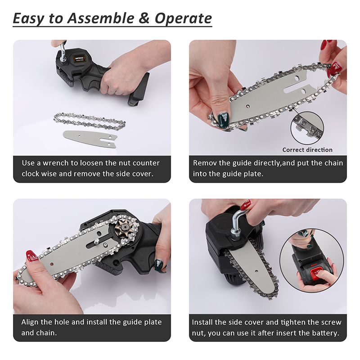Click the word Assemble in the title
100,18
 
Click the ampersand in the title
144,18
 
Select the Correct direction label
307,150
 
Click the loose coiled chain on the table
90,121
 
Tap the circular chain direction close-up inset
307,128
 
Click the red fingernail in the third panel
31,256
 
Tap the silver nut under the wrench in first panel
63,60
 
